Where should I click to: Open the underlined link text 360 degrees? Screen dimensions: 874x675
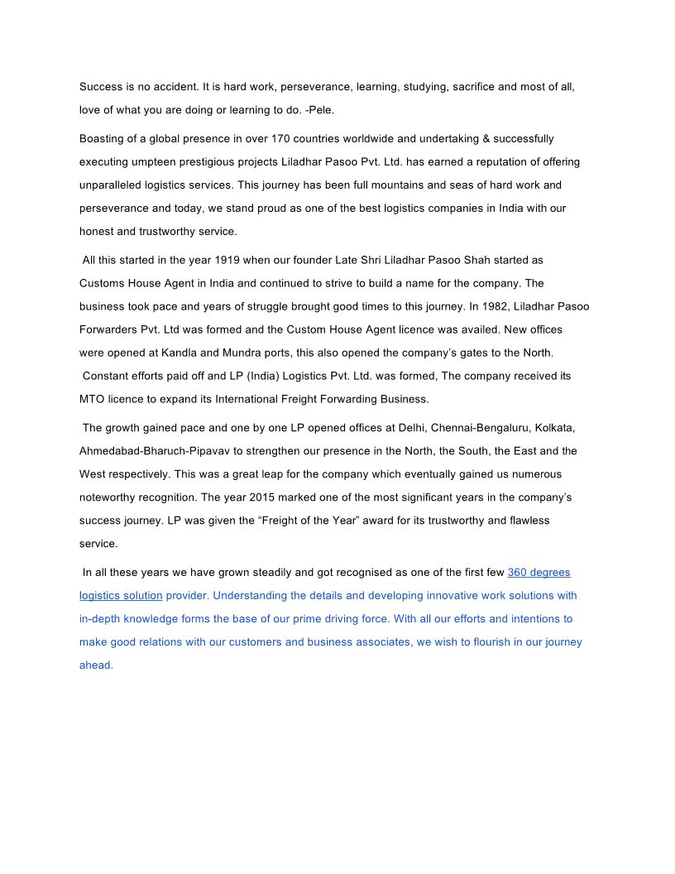(539, 572)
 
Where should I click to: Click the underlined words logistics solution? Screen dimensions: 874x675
(121, 595)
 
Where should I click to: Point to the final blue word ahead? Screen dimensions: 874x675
(95, 665)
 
